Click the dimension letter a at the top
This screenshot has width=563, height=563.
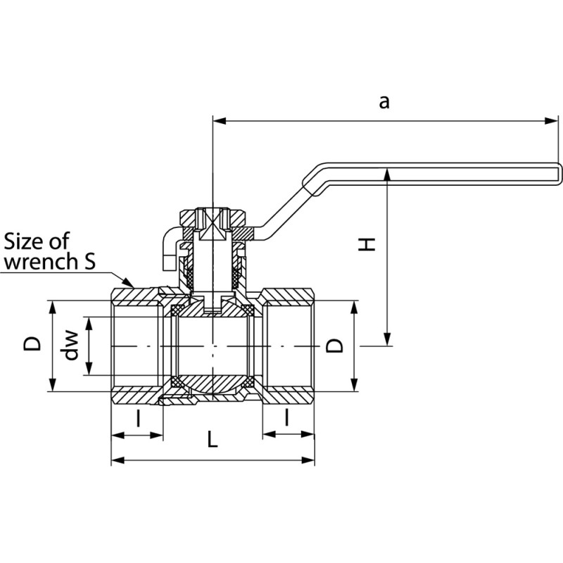[384, 102]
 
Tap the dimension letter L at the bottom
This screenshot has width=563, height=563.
[213, 440]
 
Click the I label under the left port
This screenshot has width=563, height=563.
[138, 419]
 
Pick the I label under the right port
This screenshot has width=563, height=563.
[288, 419]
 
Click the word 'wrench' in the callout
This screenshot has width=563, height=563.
[40, 262]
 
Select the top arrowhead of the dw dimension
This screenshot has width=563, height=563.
[88, 322]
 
